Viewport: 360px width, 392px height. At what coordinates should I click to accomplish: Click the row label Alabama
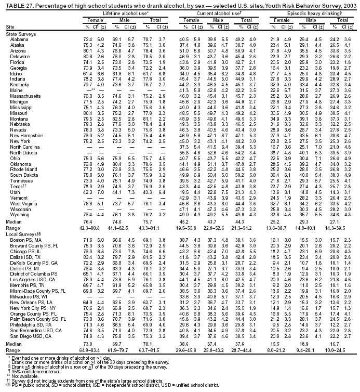click(19, 40)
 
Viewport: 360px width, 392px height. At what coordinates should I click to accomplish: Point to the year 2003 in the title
click(351, 4)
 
